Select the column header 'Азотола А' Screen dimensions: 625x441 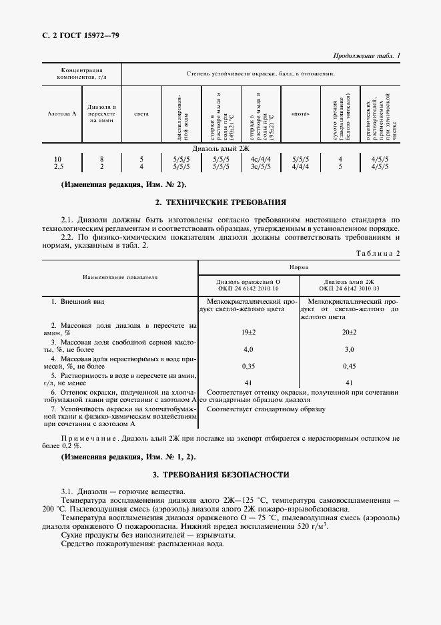point(62,114)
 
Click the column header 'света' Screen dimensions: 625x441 point(141,114)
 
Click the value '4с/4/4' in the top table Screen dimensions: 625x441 point(260,159)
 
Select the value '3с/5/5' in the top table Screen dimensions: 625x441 point(260,167)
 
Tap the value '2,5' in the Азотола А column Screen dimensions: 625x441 point(59,167)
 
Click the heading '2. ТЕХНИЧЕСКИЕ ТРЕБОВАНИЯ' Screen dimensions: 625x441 point(220,202)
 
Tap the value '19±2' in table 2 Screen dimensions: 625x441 point(248,332)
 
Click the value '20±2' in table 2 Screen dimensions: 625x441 point(349,332)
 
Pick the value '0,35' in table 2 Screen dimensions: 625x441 point(248,367)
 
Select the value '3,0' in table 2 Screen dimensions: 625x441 point(349,349)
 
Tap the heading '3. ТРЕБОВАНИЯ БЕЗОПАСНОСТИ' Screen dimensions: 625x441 point(220,475)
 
